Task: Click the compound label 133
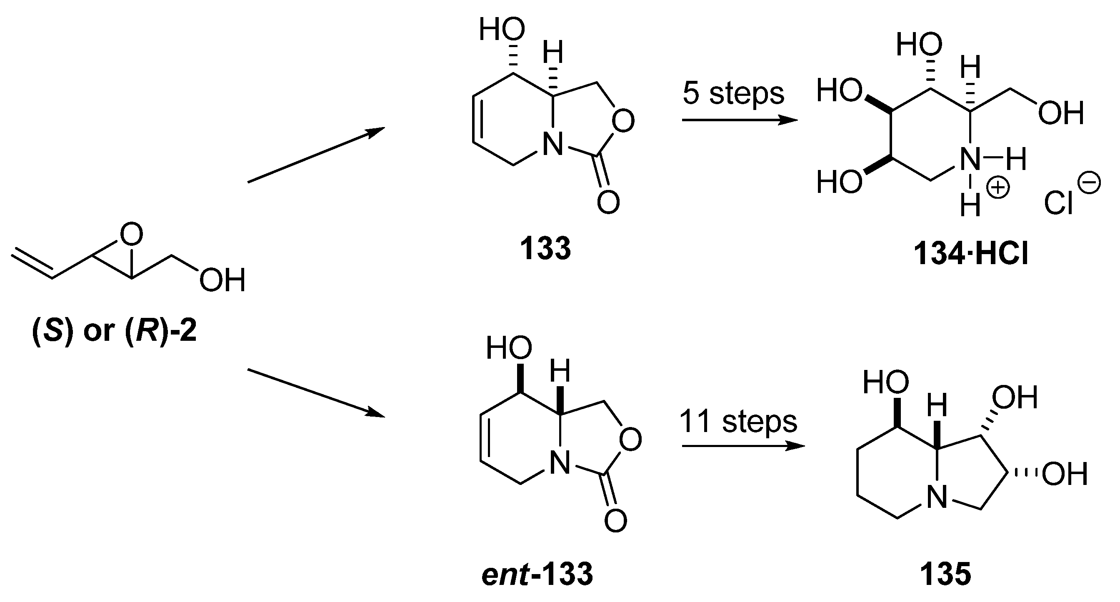[x=545, y=249]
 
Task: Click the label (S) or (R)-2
[x=114, y=331]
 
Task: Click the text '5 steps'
[x=733, y=93]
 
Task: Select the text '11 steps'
[x=738, y=422]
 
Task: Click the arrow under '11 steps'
[x=742, y=446]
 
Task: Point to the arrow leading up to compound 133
[x=316, y=155]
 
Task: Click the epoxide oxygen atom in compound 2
[x=131, y=235]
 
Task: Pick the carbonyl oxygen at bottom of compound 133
[x=608, y=202]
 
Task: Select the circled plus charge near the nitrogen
[x=998, y=188]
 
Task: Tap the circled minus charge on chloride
[x=1090, y=183]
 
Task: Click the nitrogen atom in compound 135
[x=937, y=498]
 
